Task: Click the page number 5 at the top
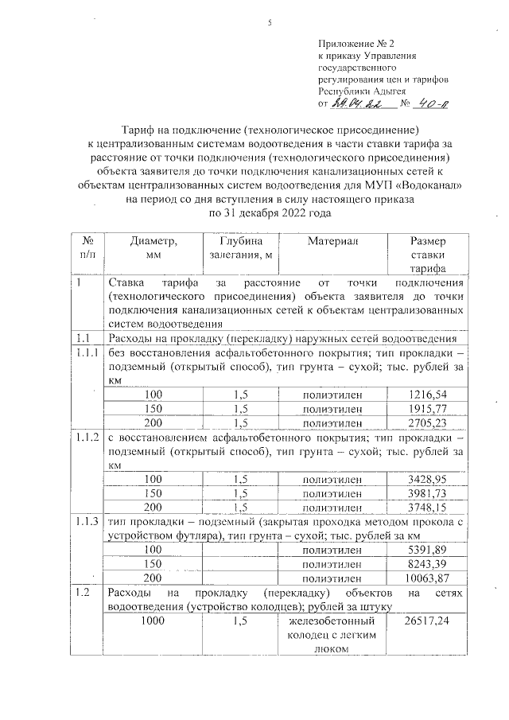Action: (270, 22)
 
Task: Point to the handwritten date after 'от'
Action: (353, 103)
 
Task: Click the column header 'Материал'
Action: (333, 241)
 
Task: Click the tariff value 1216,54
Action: (427, 394)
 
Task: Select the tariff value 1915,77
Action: (427, 408)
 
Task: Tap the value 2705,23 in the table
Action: (427, 422)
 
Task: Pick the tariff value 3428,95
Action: (427, 479)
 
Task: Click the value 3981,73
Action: (427, 493)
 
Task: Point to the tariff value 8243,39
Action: (427, 563)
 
